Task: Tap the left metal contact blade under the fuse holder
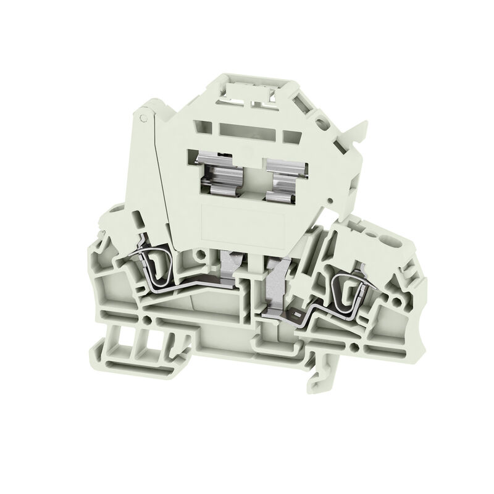click(x=229, y=266)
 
